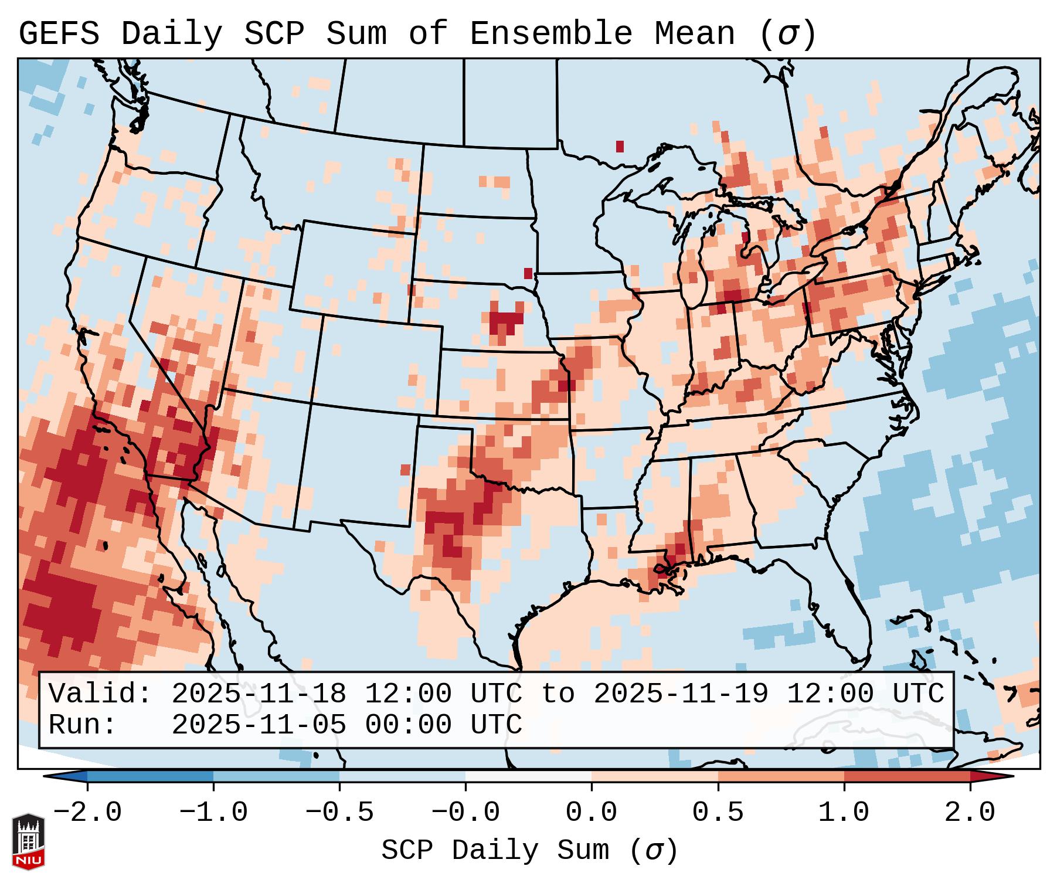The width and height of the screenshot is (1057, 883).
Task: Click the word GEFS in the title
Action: click(59, 34)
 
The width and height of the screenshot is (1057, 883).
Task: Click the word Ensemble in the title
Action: click(550, 34)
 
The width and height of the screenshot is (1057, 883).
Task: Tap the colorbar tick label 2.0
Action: click(970, 813)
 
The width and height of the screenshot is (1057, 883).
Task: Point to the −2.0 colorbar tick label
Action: click(87, 813)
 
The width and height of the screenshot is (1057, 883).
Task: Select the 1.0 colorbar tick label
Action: click(844, 813)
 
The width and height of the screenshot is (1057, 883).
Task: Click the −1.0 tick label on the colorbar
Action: click(213, 813)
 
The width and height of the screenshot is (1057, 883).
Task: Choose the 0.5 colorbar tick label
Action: click(718, 813)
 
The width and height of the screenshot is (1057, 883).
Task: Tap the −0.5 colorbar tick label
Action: click(339, 813)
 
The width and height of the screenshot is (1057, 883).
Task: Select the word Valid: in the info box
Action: click(100, 694)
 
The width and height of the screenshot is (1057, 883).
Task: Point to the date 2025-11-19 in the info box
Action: click(681, 694)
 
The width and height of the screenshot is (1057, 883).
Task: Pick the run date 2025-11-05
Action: click(259, 725)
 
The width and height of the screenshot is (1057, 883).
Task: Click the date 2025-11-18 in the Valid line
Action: click(259, 694)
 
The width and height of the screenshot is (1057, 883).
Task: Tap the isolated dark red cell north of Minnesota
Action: click(620, 147)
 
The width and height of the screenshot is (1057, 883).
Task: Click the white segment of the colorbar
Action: click(528, 776)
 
